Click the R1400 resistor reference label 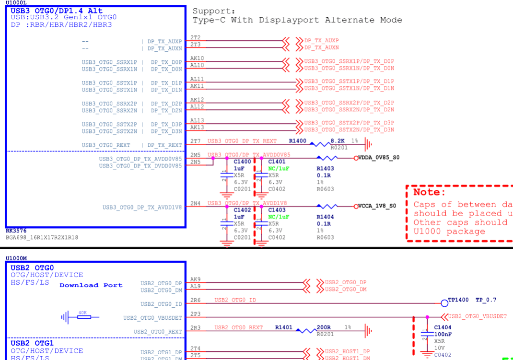[297, 141]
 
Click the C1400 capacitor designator [242, 162]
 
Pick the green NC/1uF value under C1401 [279, 169]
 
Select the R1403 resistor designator [326, 169]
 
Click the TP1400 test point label [458, 300]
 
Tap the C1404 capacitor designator [443, 327]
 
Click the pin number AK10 [197, 58]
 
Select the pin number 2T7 [196, 141]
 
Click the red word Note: [430, 192]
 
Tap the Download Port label [91, 285]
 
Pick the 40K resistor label [83, 313]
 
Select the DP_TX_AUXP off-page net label [321, 41]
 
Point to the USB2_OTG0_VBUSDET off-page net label [477, 316]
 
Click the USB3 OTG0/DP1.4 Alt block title [57, 11]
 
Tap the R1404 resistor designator [326, 217]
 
